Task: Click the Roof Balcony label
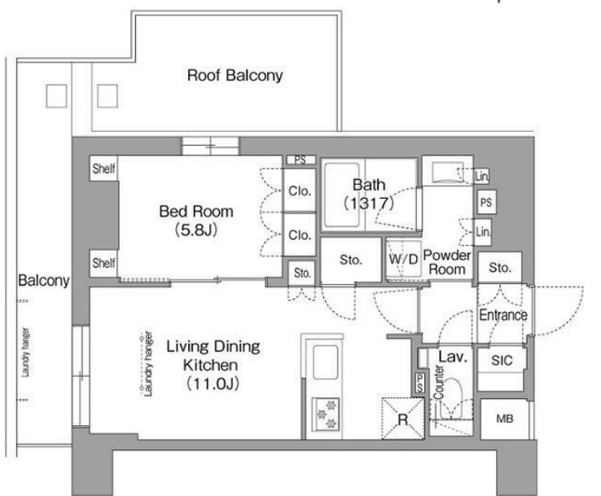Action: [235, 75]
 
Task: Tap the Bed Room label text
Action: [196, 211]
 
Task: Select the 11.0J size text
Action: [213, 384]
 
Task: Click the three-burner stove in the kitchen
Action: [326, 414]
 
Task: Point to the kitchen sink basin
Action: [326, 362]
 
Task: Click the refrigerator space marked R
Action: [403, 419]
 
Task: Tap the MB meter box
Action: [504, 419]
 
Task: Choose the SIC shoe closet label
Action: [502, 360]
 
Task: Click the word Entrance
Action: [503, 315]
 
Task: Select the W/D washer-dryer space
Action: [403, 260]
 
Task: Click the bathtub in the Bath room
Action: [342, 195]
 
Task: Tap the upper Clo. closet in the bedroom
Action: [300, 191]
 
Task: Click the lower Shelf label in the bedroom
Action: [104, 263]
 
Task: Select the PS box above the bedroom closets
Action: [300, 160]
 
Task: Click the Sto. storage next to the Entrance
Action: [500, 268]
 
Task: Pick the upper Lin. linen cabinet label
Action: [482, 176]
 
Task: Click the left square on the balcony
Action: [56, 96]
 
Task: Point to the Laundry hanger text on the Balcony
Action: [25, 352]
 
